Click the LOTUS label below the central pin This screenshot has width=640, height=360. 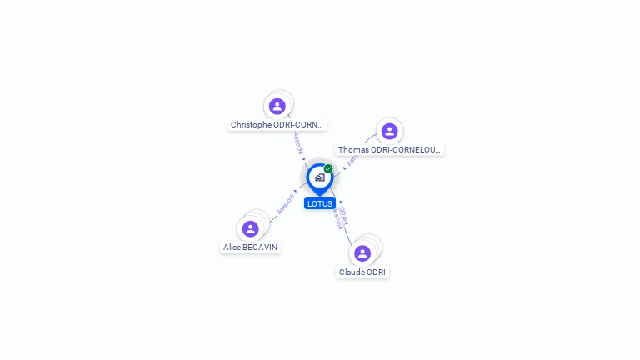coord(320,203)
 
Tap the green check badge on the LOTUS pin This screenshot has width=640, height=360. coord(328,169)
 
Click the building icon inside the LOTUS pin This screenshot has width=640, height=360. coord(319,177)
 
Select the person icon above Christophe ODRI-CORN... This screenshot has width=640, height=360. coord(277,106)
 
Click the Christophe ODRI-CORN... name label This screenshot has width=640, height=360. coord(277,125)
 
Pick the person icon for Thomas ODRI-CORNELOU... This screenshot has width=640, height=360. coord(389,131)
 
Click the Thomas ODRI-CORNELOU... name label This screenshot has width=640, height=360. coord(390,150)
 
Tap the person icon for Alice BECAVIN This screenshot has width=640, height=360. coord(250,228)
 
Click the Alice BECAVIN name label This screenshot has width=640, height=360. coord(251,247)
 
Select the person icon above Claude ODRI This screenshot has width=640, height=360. coord(362,252)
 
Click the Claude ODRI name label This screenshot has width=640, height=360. coord(362,272)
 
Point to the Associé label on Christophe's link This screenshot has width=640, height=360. coord(298,142)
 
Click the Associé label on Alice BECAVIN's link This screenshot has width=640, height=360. coord(286,203)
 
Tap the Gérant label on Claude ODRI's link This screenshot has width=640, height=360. coord(343,215)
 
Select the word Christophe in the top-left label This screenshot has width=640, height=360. coord(252,125)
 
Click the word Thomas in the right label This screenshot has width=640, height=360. coord(353,150)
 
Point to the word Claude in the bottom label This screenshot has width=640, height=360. coord(351,272)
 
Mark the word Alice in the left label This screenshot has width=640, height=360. coord(232,247)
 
